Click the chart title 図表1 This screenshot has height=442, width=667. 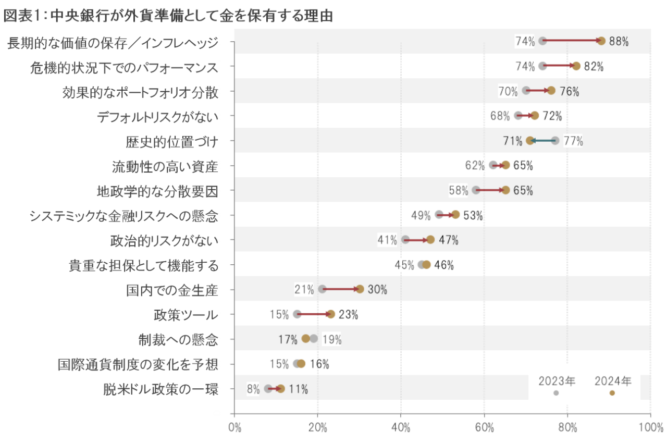(x=168, y=16)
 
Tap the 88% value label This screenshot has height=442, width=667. (x=619, y=41)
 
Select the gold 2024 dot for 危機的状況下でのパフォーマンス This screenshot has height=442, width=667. (x=576, y=66)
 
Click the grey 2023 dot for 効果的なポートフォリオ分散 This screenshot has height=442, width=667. (x=526, y=91)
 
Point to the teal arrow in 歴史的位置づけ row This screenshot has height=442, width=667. (x=542, y=140)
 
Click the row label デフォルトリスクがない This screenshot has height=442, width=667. (x=157, y=117)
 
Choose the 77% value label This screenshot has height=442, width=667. (x=573, y=141)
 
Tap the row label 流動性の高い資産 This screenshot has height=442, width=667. (x=165, y=166)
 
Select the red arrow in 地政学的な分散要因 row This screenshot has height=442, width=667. (x=491, y=190)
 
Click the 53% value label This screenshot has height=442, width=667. (x=473, y=215)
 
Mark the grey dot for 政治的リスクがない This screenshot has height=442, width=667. (x=405, y=239)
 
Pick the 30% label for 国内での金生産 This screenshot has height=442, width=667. (x=377, y=289)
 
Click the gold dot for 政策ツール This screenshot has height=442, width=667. (x=331, y=314)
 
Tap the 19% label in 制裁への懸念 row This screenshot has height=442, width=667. (x=332, y=339)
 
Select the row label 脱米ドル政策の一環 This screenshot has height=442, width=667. (x=160, y=389)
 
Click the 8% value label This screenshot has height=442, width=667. (x=253, y=389)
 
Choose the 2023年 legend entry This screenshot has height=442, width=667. (x=557, y=386)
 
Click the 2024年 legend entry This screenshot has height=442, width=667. (x=613, y=386)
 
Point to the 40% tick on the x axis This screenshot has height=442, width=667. (x=401, y=428)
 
